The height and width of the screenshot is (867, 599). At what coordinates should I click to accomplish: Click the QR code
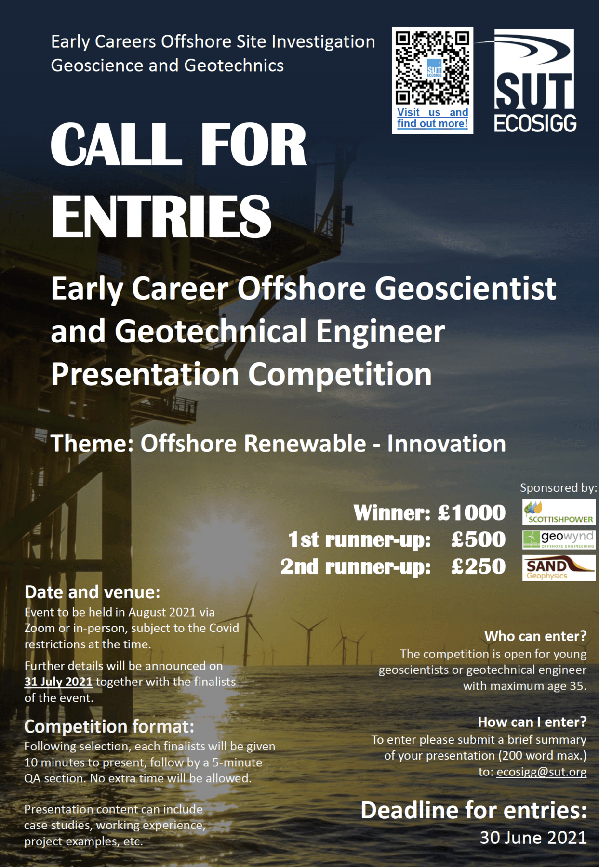(x=432, y=67)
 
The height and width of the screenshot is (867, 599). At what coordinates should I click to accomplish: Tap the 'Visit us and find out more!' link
(x=432, y=118)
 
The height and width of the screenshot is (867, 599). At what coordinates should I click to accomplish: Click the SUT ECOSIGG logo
(x=534, y=81)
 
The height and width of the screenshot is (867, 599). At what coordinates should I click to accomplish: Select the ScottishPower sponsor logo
(x=559, y=512)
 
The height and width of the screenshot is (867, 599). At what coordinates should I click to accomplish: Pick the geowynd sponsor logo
(x=559, y=539)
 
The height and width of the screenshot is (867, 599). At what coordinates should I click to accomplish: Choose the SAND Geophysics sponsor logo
(x=559, y=568)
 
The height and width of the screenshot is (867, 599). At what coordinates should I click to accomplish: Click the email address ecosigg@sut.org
(x=541, y=772)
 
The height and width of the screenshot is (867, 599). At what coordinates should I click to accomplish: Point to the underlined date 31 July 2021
(x=58, y=682)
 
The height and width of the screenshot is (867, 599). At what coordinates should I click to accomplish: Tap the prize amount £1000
(x=471, y=512)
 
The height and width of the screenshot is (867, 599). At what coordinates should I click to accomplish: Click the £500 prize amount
(x=478, y=539)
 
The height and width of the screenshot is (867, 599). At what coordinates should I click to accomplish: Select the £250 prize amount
(x=478, y=566)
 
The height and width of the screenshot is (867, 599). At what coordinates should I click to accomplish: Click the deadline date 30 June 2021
(x=533, y=838)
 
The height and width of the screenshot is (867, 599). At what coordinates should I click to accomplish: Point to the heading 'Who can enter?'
(x=535, y=636)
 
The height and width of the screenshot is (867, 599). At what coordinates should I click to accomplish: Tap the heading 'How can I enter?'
(x=532, y=722)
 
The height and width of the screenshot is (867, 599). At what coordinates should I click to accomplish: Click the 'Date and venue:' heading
(x=92, y=592)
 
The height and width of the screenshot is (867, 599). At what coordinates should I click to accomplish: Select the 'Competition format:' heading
(x=109, y=726)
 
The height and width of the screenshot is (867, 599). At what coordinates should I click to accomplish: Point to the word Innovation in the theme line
(x=446, y=444)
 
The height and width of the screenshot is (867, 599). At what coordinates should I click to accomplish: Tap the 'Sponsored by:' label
(x=558, y=488)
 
